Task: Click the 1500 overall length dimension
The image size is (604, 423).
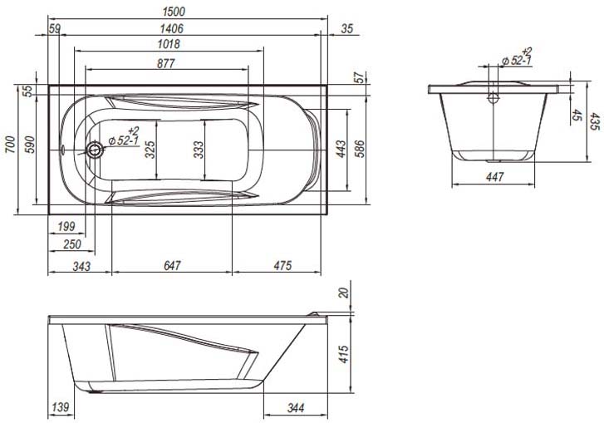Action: (174, 12)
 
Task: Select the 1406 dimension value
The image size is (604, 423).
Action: (172, 28)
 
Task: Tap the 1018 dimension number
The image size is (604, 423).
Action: (169, 44)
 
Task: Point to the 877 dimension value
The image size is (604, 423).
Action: (166, 63)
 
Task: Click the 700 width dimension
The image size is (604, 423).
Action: (11, 145)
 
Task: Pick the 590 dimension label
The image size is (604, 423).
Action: (30, 145)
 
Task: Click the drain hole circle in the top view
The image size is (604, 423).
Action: (94, 149)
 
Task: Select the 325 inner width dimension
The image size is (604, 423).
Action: (150, 150)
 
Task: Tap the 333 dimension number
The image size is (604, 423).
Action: (198, 150)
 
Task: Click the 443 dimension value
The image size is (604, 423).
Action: (341, 150)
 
